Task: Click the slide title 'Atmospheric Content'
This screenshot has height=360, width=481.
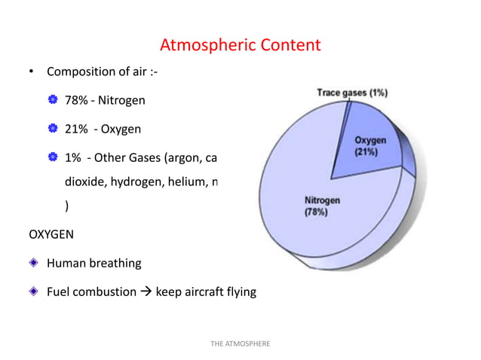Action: [x=240, y=45]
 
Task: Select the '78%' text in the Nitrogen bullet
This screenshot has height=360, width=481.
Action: [x=75, y=100]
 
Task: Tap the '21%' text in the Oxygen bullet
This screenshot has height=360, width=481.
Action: [x=75, y=129]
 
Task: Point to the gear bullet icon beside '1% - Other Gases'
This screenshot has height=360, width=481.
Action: [x=53, y=157]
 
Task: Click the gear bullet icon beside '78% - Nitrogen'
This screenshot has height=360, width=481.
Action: [x=53, y=100]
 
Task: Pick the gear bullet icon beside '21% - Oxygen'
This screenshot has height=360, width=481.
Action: [x=53, y=129]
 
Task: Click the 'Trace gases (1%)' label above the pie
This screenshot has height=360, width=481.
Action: [x=351, y=93]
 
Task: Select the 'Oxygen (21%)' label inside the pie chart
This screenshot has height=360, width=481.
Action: [x=371, y=146]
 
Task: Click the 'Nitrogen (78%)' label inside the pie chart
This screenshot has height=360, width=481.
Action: [x=322, y=206]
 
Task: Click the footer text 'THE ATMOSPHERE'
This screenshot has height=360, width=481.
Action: [x=240, y=343]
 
